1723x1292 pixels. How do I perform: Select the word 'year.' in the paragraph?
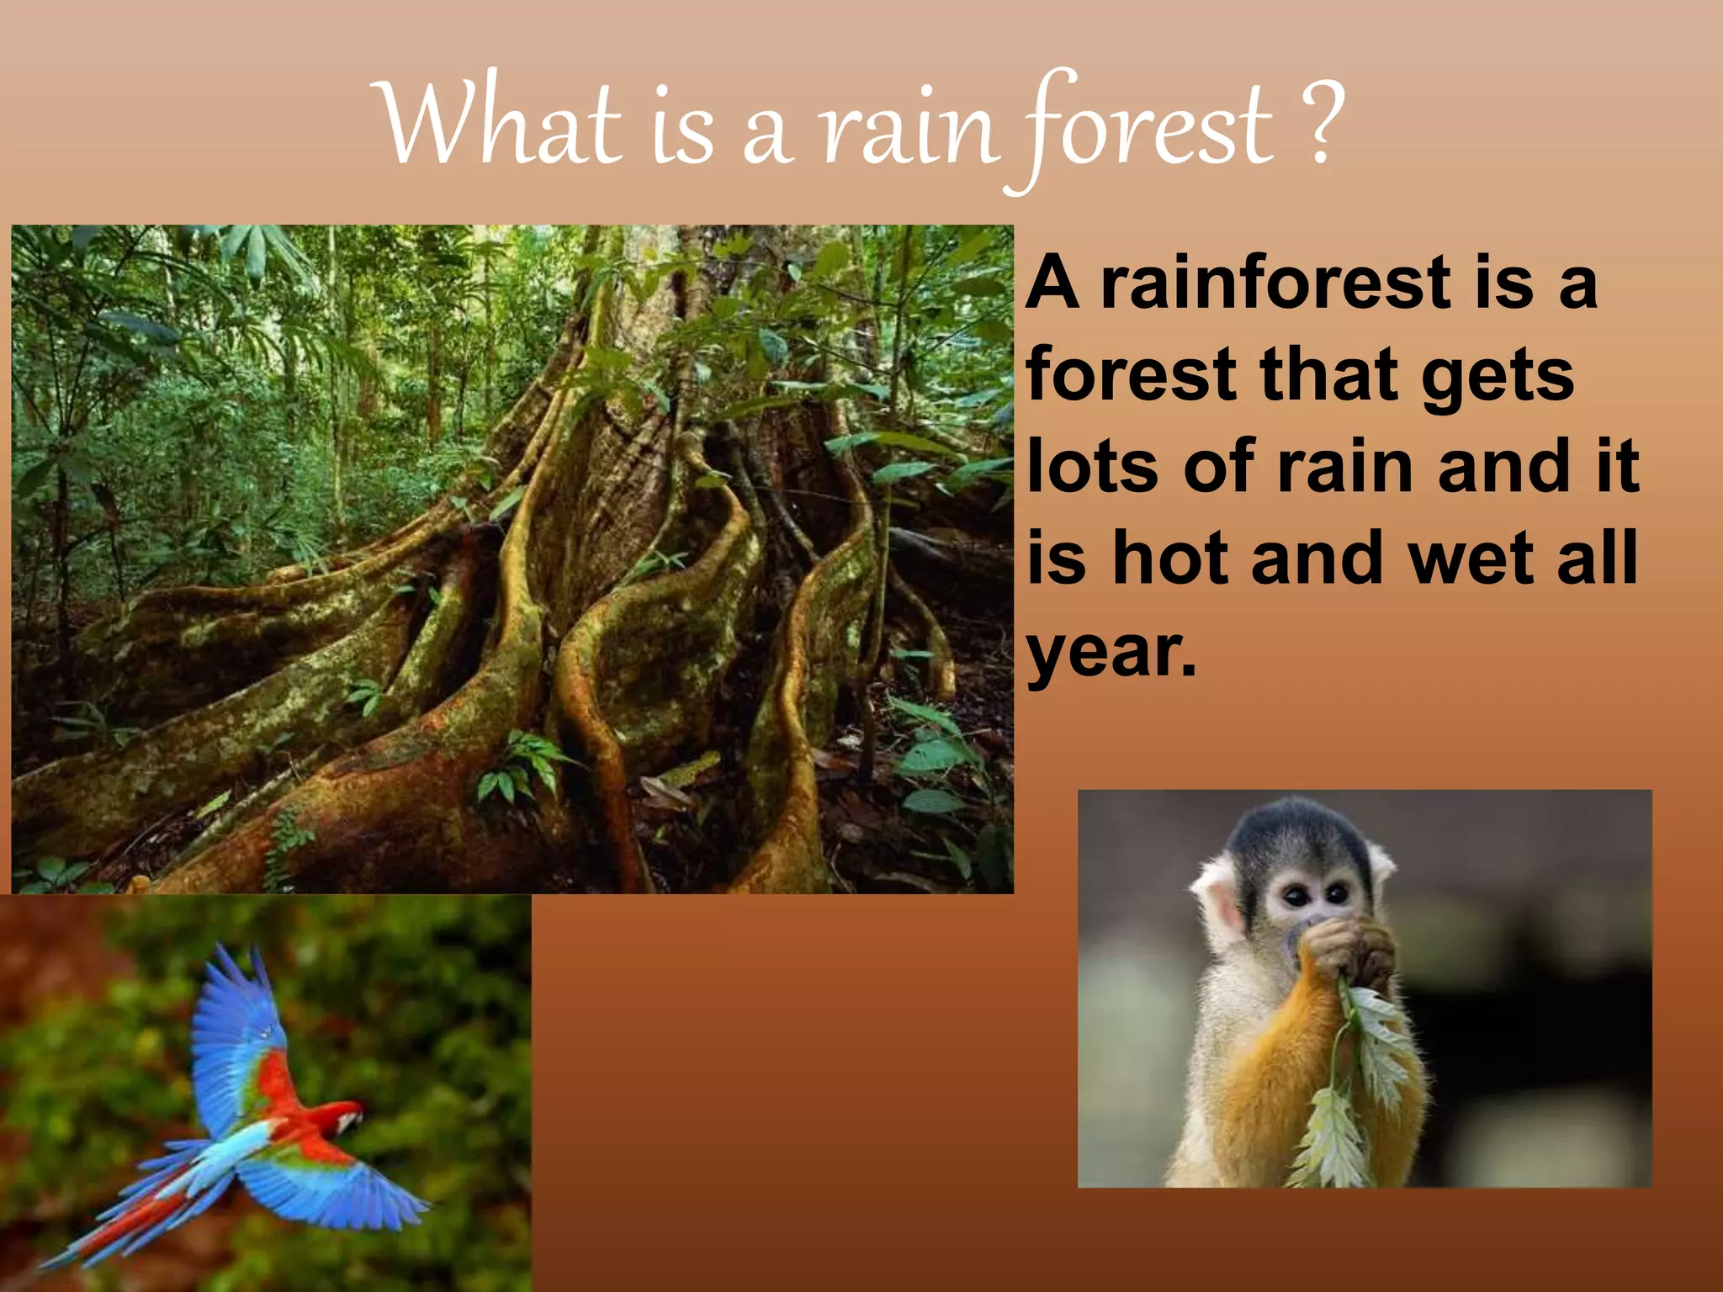1111,653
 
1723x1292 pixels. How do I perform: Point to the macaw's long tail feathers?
126,1211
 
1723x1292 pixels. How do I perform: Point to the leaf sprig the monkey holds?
1355,1085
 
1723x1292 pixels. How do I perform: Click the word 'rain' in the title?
909,130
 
